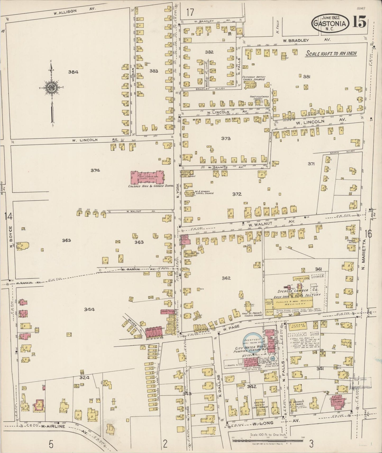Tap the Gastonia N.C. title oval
pos(329,23)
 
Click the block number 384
pos(73,72)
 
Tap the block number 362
pos(226,278)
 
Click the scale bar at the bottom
pos(268,440)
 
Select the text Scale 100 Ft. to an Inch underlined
pos(331,54)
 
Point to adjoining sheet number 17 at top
pos(190,12)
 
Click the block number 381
pos(306,77)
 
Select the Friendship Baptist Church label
pos(253,78)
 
